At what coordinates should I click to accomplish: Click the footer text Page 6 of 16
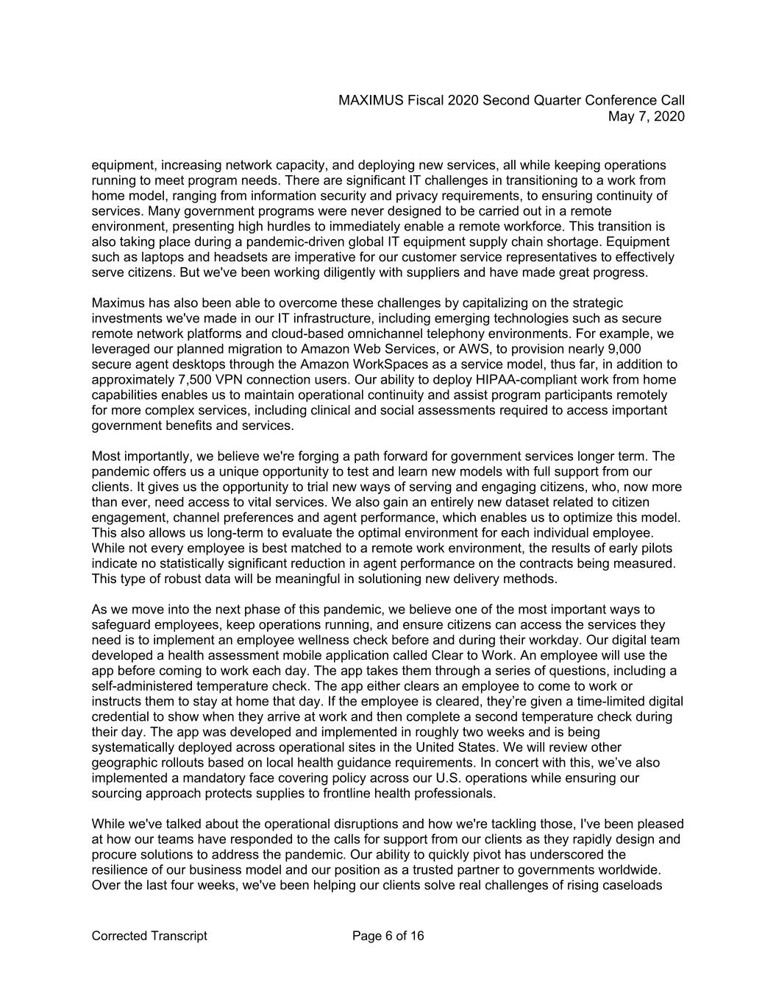[388, 937]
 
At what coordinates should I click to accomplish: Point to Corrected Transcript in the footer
[149, 937]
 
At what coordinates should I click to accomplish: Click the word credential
[121, 717]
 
